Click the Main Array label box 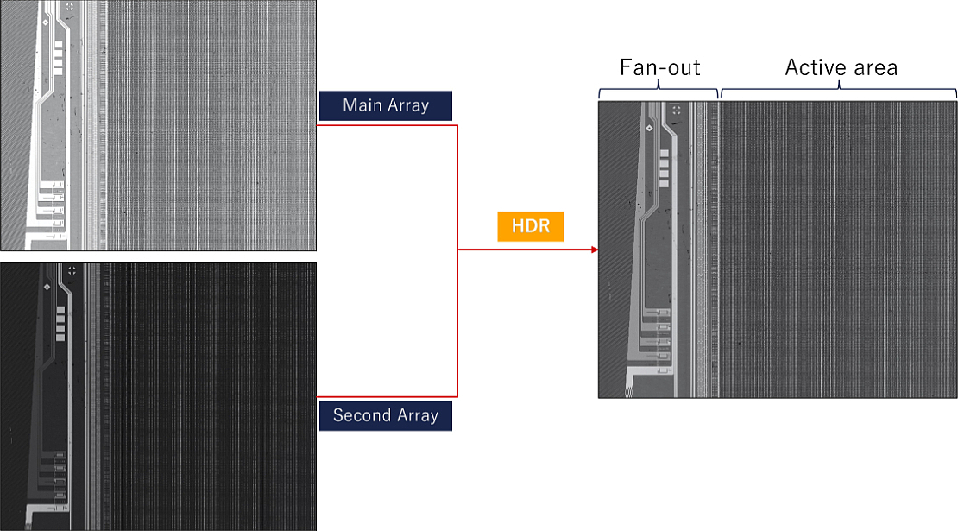[386, 105]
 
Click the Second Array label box [386, 416]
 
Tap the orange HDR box [530, 226]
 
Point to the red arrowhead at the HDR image [595, 250]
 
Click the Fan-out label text [660, 67]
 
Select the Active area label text [841, 67]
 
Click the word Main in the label [362, 105]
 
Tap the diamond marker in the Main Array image [46, 22]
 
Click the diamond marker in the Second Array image [47, 287]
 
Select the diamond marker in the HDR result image [650, 128]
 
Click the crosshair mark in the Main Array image [69, 7]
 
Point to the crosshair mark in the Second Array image [72, 270]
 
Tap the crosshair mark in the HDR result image [677, 110]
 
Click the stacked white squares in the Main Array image [59, 58]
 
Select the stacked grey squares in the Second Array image [60, 324]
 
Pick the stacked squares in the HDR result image [664, 168]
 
